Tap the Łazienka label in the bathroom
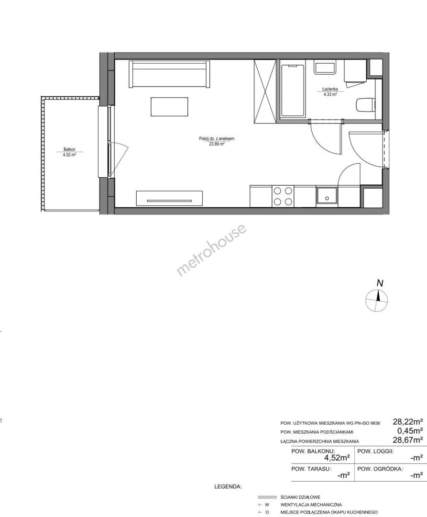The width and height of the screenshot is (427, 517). [x=330, y=89]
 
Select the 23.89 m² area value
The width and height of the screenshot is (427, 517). [x=216, y=144]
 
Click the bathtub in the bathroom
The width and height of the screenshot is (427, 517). [x=292, y=90]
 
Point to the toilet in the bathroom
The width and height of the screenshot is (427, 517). [x=365, y=104]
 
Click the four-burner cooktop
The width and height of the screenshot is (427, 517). [x=283, y=196]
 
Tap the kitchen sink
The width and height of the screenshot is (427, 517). [x=327, y=197]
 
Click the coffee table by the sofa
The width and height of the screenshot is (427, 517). [x=169, y=106]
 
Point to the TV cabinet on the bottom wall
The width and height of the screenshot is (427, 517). [x=170, y=198]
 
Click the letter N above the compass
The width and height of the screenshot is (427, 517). [x=380, y=283]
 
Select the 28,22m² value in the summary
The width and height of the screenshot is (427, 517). [x=407, y=421]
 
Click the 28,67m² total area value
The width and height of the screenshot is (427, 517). [x=407, y=439]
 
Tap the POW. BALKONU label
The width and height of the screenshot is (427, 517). [x=313, y=451]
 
